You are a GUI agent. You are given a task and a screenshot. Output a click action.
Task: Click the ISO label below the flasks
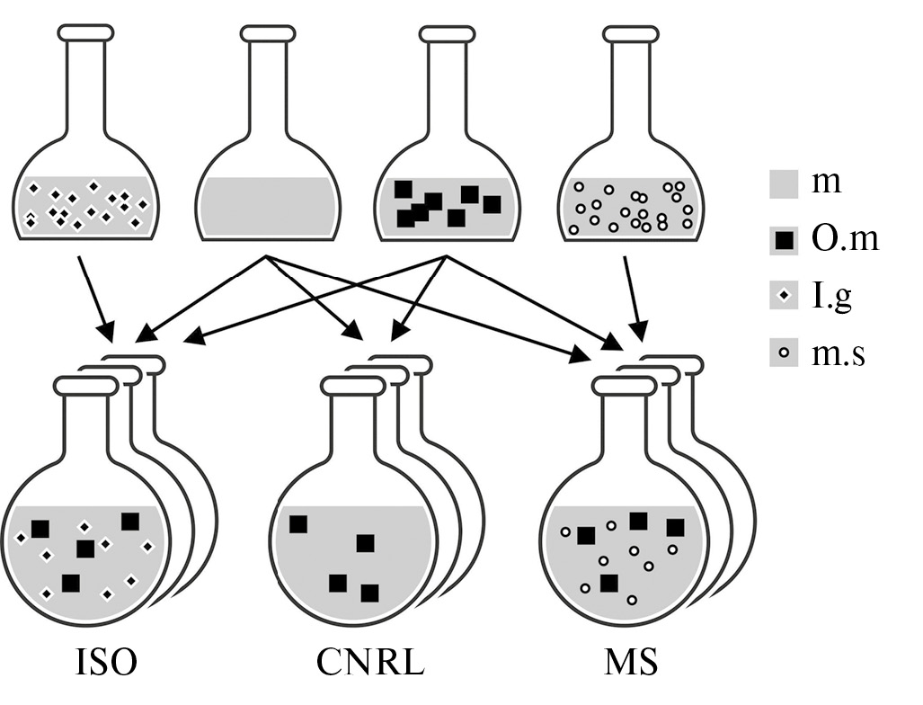105,664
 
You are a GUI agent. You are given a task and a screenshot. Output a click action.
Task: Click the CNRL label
369,664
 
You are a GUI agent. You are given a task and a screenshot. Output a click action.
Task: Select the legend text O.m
844,239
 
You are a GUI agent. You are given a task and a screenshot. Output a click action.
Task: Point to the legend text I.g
831,296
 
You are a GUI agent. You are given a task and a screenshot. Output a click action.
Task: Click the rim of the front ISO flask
85,386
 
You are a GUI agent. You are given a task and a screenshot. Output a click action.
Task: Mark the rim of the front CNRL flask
352,386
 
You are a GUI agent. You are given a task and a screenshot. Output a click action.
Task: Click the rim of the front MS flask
624,386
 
